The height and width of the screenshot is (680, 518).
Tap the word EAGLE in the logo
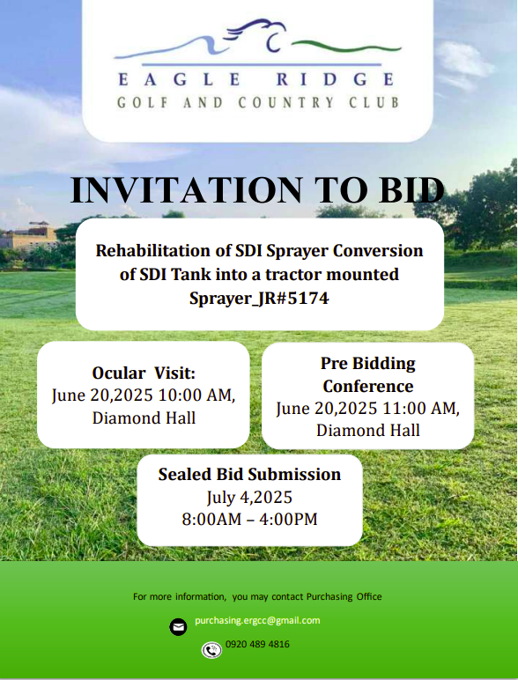(x=180, y=79)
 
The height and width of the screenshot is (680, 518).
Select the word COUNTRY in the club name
(x=286, y=103)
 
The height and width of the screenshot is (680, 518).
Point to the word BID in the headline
(x=411, y=190)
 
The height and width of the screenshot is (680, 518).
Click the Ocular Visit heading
(x=144, y=373)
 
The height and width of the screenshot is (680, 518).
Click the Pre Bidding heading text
(x=368, y=364)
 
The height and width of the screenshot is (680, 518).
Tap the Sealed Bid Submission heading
(x=249, y=475)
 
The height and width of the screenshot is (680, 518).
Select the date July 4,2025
(x=249, y=498)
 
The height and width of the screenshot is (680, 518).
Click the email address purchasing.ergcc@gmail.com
(x=257, y=621)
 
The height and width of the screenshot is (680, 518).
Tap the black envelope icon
(x=178, y=627)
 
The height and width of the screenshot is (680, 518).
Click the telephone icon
(x=211, y=650)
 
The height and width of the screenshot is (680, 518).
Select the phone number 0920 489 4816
(x=257, y=645)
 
